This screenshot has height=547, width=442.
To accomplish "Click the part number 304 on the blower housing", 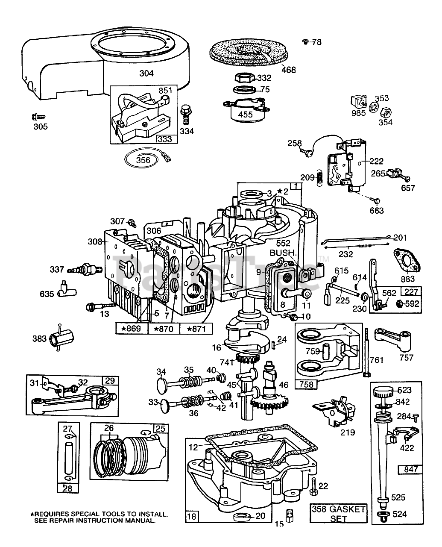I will tap(146, 73).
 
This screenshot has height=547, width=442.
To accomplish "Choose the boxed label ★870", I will tap(164, 328).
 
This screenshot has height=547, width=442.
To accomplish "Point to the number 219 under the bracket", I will tap(347, 432).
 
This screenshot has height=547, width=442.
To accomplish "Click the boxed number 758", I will tap(306, 384).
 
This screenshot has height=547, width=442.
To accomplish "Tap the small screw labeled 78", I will tap(305, 41).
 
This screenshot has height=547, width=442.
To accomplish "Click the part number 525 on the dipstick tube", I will tap(398, 497).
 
